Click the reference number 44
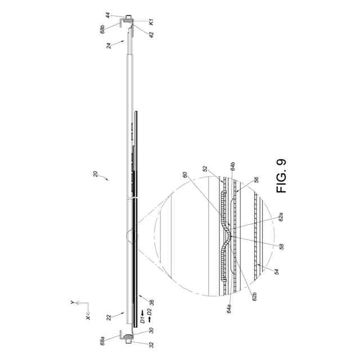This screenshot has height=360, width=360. tap(108, 16)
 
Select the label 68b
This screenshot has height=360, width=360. tap(102, 29)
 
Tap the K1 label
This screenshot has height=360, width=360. tap(151, 22)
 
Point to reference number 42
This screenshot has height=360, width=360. tap(151, 35)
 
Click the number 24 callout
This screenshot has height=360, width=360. tap(109, 46)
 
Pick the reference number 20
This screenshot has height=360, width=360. tap(96, 174)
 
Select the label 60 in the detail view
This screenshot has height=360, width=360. tap(185, 174)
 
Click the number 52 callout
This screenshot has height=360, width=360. tap(205, 169)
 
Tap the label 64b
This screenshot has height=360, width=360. tap(233, 166)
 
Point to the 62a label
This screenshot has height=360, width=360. tap(281, 217)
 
